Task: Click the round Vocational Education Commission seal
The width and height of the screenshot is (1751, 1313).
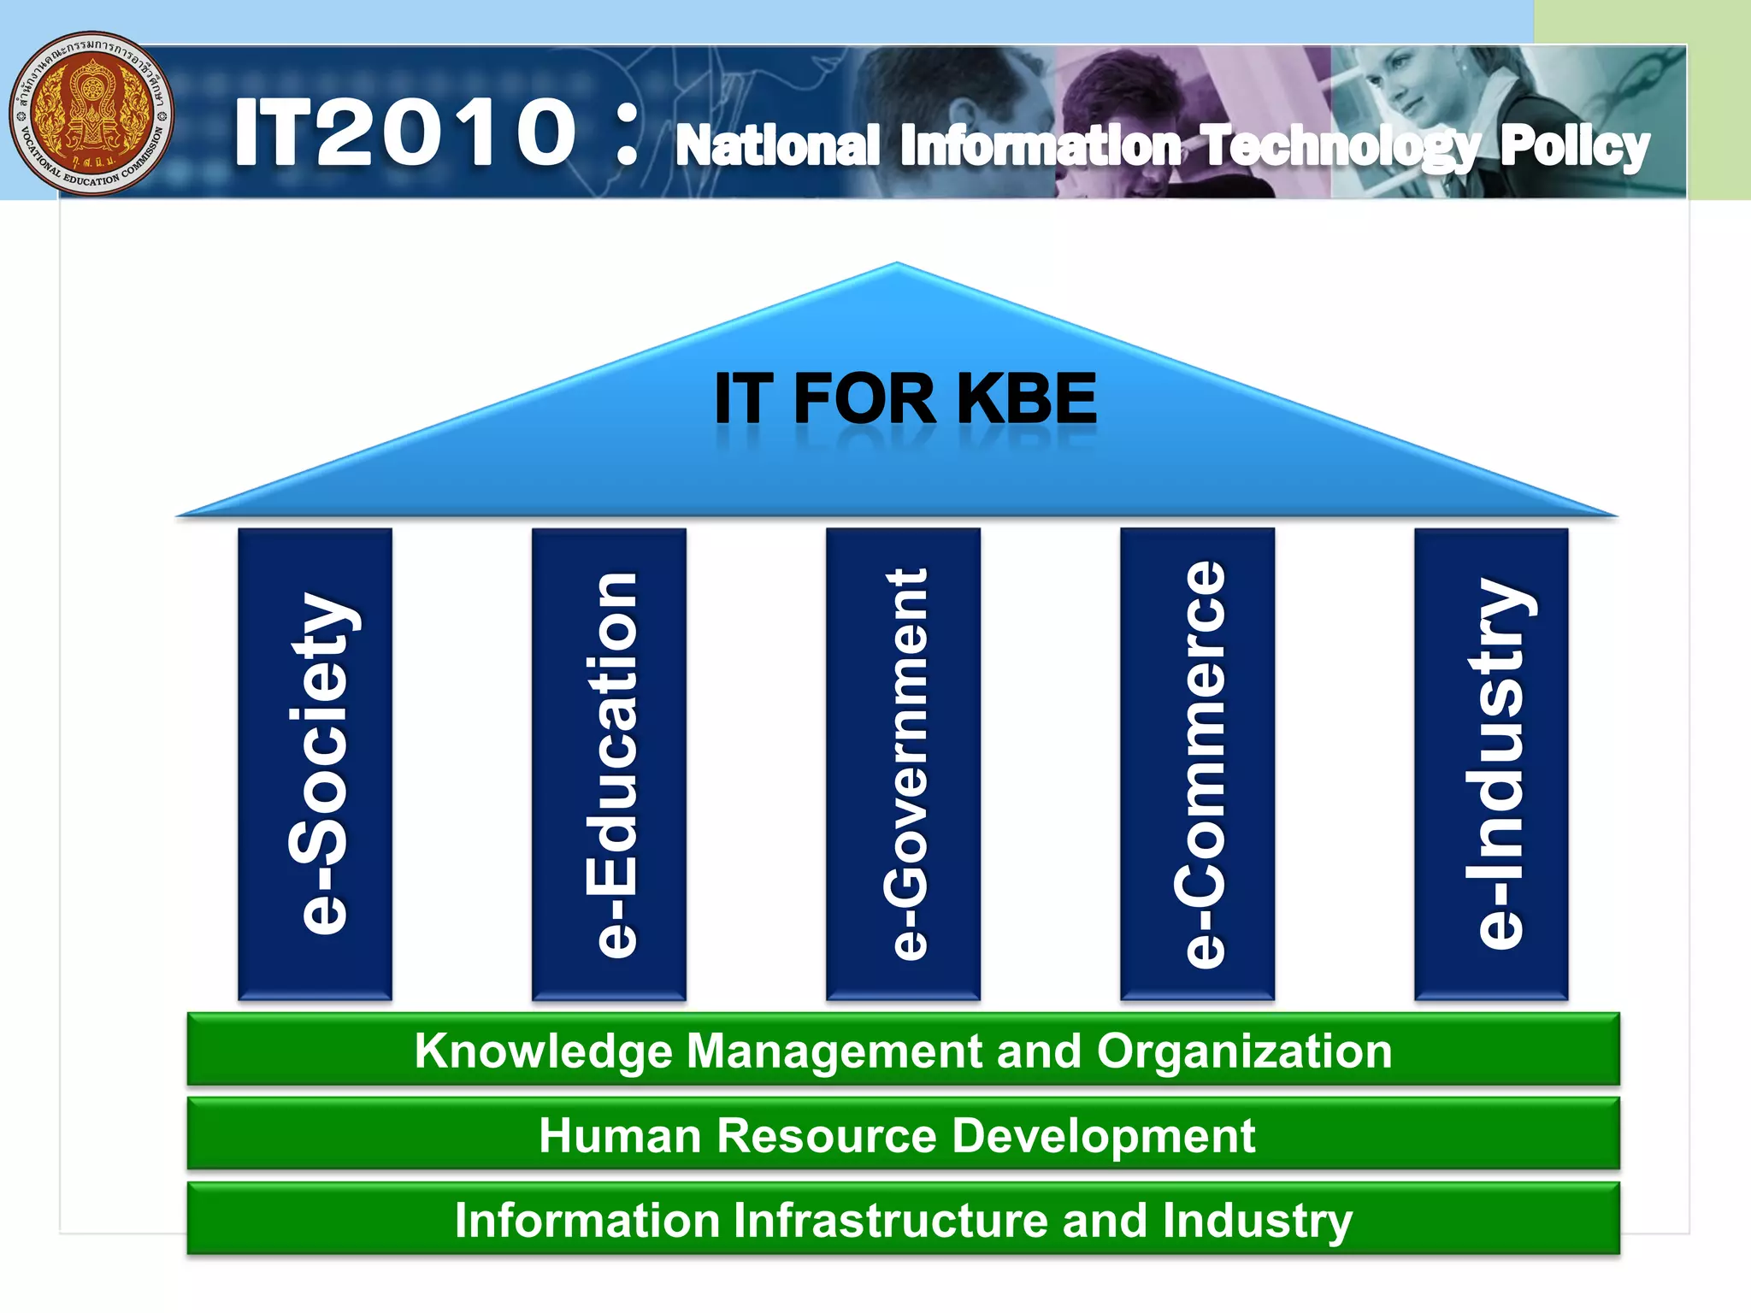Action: click(x=91, y=114)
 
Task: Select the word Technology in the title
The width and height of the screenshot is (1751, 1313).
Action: click(x=1339, y=146)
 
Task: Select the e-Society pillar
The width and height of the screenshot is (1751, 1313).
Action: click(x=315, y=763)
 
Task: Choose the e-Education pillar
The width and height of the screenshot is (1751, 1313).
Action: click(x=609, y=763)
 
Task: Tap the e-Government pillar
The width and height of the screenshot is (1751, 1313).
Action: click(x=903, y=763)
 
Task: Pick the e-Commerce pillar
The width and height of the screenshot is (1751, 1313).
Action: click(x=1197, y=763)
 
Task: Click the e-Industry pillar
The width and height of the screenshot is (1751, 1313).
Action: click(x=1491, y=763)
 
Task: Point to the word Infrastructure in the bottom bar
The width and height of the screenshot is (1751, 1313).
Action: click(x=890, y=1220)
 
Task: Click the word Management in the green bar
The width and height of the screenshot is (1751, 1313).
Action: click(x=834, y=1051)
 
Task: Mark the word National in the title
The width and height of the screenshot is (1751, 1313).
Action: click(x=777, y=146)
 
